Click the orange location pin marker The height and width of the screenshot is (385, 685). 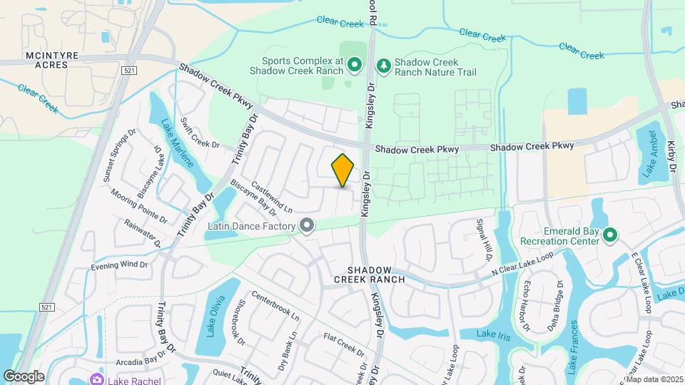click(342, 170)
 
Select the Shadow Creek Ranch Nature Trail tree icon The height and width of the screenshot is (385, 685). click(384, 66)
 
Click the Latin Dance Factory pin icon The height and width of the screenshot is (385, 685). click(307, 226)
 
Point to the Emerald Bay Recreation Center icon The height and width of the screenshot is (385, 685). click(609, 235)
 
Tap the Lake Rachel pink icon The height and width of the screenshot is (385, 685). click(96, 380)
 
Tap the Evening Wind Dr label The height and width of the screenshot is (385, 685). click(119, 265)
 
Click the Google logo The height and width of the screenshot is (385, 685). click(23, 376)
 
